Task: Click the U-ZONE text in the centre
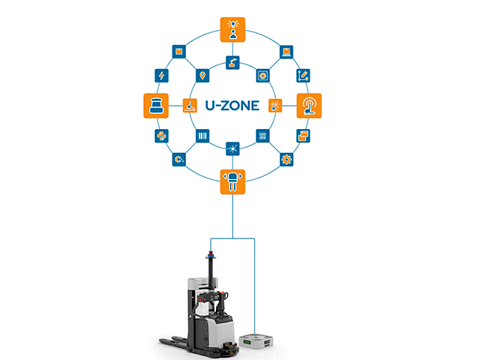pyautogui.click(x=232, y=106)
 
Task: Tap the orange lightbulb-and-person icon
pyautogui.click(x=232, y=28)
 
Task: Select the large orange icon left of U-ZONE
pyautogui.click(x=154, y=106)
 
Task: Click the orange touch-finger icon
pyautogui.click(x=310, y=106)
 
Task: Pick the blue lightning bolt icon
pyautogui.click(x=161, y=75)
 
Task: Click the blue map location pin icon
pyautogui.click(x=202, y=76)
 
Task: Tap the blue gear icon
pyautogui.click(x=286, y=159)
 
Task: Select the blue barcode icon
pyautogui.click(x=202, y=136)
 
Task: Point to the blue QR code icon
pyautogui.click(x=262, y=136)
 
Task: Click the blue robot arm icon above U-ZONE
pyautogui.click(x=232, y=63)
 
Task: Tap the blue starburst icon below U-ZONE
pyautogui.click(x=232, y=148)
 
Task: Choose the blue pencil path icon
pyautogui.click(x=304, y=75)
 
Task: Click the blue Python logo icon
pyautogui.click(x=161, y=136)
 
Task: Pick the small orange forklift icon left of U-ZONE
pyautogui.click(x=190, y=106)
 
